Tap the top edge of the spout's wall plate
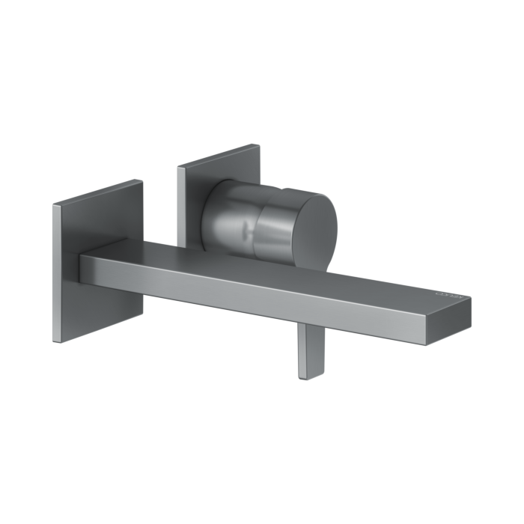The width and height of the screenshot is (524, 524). point(97,192)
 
